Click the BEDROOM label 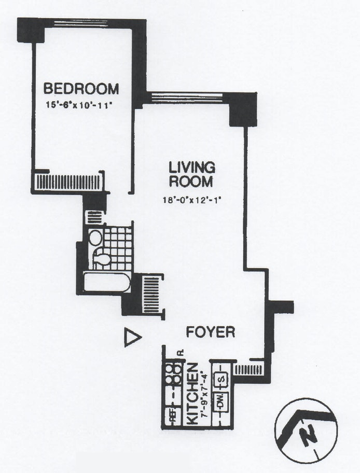coord(81,89)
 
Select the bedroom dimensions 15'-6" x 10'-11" coord(79,105)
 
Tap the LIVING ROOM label coord(192,174)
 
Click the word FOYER coord(211,332)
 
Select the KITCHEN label coord(191,394)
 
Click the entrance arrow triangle coord(132,338)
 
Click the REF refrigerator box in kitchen coord(170,414)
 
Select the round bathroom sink coord(95,238)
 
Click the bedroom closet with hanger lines coord(67,182)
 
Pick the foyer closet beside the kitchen coord(248,370)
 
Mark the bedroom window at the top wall coord(81,22)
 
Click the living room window coord(186,97)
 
